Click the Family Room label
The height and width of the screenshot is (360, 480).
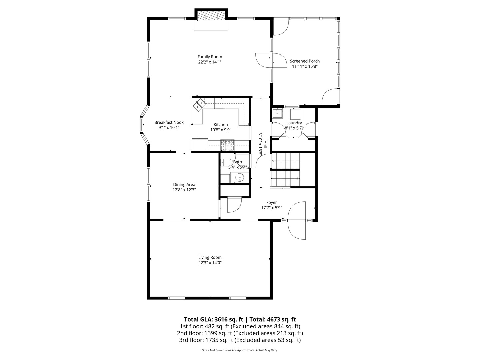coord(210,57)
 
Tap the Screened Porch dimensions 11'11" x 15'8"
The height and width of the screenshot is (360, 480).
coord(305,66)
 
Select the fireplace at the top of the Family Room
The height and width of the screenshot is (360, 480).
coord(211,17)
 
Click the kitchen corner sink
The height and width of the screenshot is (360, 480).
coord(199,105)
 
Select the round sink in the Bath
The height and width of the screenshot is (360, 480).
coord(239,178)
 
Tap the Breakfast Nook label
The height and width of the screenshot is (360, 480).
coord(169,122)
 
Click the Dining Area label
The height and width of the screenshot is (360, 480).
coord(184,184)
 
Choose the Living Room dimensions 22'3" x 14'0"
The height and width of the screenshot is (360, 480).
coord(210,263)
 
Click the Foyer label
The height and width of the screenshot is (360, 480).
coord(271,202)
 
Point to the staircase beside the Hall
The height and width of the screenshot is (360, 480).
coord(285,170)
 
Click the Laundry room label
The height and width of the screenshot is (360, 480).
coord(294,123)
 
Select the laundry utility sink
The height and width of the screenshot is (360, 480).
coord(277,113)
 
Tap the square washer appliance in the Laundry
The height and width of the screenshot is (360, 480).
coord(296,114)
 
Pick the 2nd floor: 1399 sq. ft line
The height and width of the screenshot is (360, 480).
coord(240,333)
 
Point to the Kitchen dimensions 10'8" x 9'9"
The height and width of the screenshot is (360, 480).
coord(220,130)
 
